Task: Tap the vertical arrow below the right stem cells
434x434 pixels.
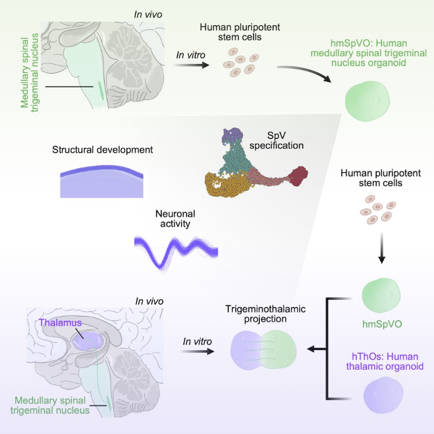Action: click(x=381, y=246)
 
